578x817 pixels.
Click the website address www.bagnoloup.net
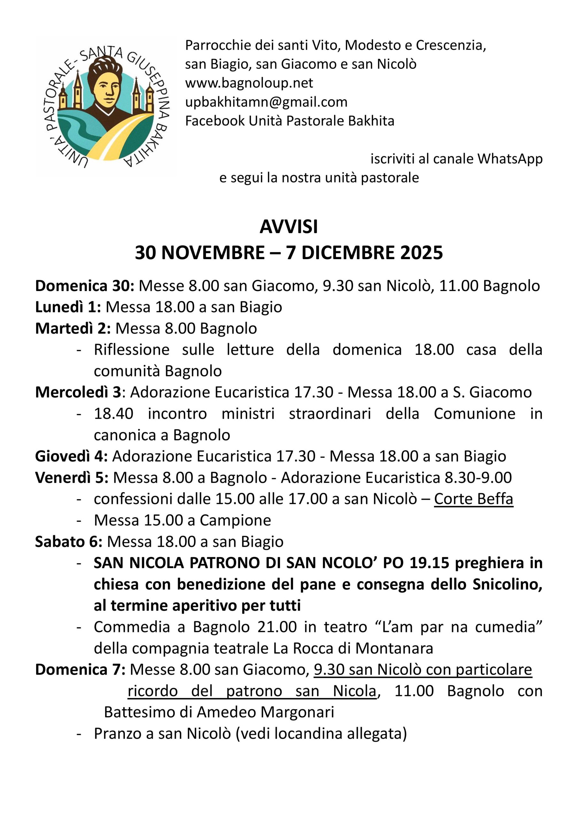pyautogui.click(x=249, y=83)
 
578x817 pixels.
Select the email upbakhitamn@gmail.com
pyautogui.click(x=266, y=102)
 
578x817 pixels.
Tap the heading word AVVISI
pyautogui.click(x=288, y=227)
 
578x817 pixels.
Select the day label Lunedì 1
pyautogui.click(x=68, y=307)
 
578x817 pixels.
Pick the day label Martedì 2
pyautogui.click(x=73, y=328)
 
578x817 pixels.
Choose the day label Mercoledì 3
pyautogui.click(x=78, y=392)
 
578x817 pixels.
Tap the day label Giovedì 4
pyautogui.click(x=71, y=456)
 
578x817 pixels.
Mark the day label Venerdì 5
pyautogui.click(x=72, y=477)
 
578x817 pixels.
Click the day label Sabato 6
pyautogui.click(x=69, y=542)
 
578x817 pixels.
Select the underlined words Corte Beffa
pyautogui.click(x=473, y=499)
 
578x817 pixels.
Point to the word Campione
pyautogui.click(x=235, y=520)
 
